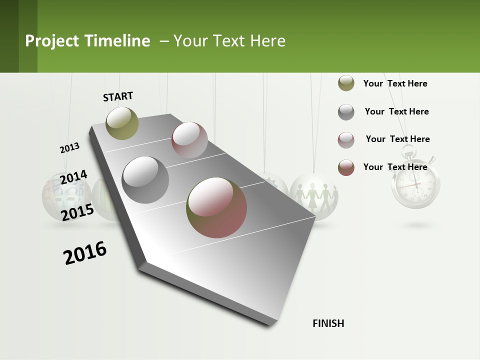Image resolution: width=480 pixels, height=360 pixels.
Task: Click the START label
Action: [118, 96]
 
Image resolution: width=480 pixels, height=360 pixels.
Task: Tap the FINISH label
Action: [328, 323]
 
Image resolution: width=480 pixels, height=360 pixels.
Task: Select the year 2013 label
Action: [70, 148]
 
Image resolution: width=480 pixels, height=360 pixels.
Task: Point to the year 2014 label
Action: [73, 177]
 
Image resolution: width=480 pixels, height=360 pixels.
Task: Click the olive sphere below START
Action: [122, 123]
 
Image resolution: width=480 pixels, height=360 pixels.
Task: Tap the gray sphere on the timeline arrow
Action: [145, 180]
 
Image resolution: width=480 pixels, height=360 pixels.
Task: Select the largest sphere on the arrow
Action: [216, 207]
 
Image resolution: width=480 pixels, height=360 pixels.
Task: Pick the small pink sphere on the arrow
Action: [189, 140]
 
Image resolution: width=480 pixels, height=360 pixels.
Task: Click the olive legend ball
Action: [346, 83]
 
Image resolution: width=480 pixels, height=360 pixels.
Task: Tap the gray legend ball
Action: [346, 112]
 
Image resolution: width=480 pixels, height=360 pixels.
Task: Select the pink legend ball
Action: [346, 139]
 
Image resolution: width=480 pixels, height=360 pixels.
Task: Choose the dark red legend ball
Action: [346, 167]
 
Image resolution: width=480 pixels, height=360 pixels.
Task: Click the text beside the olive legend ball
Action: [395, 83]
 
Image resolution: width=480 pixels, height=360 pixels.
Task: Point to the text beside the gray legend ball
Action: [396, 111]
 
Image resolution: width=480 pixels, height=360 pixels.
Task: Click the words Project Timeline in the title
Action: [87, 41]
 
